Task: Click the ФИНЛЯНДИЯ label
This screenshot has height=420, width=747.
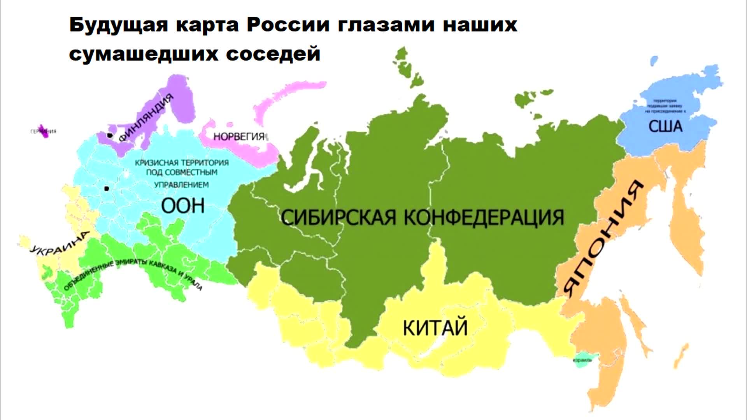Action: [146, 118]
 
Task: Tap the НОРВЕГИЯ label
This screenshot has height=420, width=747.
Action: [238, 136]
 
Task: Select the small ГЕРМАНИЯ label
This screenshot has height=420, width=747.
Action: [43, 131]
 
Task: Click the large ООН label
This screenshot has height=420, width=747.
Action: [183, 205]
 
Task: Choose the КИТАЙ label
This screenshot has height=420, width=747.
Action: [435, 327]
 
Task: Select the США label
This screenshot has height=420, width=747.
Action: [665, 126]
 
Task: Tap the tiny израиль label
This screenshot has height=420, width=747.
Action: [582, 360]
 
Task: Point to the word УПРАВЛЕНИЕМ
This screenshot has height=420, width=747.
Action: [181, 185]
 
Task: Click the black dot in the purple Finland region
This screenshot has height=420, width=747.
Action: [110, 135]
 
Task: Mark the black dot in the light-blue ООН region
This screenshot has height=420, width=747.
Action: [106, 189]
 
